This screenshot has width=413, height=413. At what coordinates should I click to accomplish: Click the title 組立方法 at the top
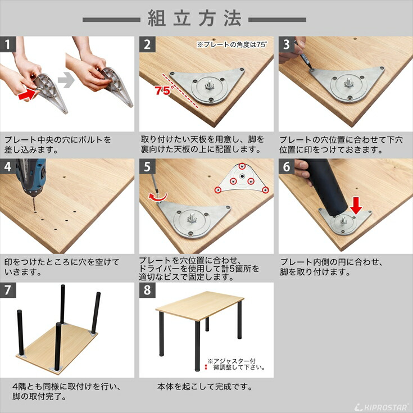coord(194,18)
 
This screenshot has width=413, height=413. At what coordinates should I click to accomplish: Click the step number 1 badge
coord(7,44)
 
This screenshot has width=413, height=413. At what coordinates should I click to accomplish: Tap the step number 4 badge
coord(7,166)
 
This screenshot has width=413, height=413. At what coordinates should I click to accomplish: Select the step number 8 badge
coord(147,290)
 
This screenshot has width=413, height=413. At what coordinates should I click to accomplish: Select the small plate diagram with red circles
coord(242,179)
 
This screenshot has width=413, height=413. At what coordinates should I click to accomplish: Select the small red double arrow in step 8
coord(206,367)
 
